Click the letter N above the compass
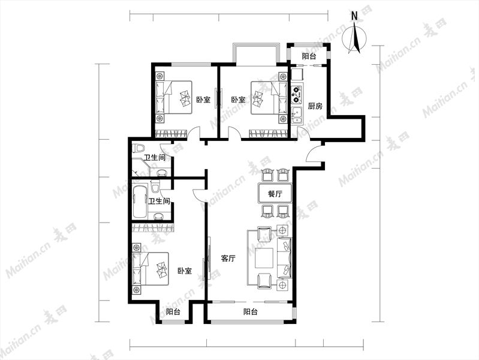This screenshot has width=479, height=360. click(354, 16)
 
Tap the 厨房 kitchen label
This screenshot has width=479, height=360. click(315, 106)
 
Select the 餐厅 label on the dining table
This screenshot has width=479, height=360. click(275, 194)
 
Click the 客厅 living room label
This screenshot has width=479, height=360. click(228, 259)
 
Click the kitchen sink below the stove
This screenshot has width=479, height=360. click(297, 115)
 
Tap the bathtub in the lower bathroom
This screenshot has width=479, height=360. click(140, 202)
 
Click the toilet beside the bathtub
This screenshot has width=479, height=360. click(155, 187)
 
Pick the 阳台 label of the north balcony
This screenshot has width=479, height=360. click(309, 56)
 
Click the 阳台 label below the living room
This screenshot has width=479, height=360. click(250, 311)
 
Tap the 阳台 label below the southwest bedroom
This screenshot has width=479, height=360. click(173, 312)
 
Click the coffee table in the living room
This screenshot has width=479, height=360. click(264, 258)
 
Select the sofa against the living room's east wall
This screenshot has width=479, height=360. click(284, 258)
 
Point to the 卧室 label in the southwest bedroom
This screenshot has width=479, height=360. click(185, 271)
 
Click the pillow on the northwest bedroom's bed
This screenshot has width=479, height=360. click(160, 98)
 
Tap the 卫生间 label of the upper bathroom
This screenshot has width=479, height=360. click(155, 158)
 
